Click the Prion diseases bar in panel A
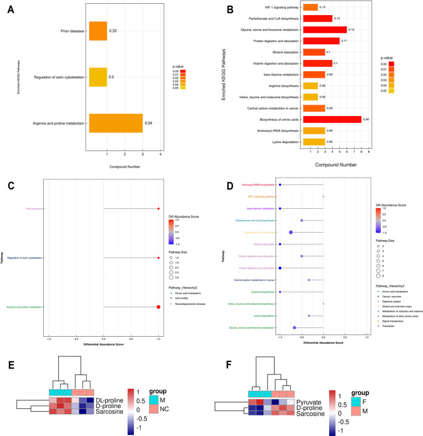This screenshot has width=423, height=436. (x=98, y=31)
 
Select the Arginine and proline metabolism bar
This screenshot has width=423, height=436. (x=115, y=123)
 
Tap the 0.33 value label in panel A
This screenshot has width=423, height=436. (x=113, y=31)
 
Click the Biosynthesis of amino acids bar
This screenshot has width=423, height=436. (x=332, y=119)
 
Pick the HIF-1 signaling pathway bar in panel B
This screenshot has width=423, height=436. (x=310, y=7)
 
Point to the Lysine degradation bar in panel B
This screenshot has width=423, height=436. (x=313, y=141)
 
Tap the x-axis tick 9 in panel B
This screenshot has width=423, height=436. (x=369, y=152)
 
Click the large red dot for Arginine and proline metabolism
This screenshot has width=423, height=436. (x=158, y=307)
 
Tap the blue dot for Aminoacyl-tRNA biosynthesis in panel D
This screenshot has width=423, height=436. (x=280, y=185)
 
